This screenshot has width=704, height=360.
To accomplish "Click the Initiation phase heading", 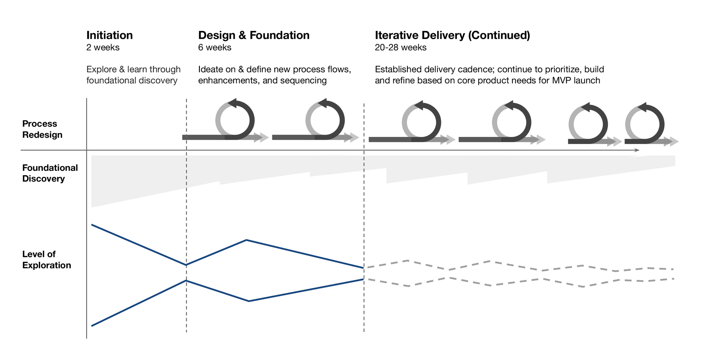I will (x=109, y=35).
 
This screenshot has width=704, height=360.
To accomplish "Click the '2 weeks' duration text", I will (x=103, y=47).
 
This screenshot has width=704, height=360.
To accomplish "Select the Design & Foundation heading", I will (x=254, y=35).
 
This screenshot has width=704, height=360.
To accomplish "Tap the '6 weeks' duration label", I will (x=214, y=47).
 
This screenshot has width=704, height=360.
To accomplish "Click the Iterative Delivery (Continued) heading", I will (x=452, y=35).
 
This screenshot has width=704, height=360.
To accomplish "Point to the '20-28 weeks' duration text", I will (x=400, y=47).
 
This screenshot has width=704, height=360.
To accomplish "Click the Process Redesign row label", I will (x=42, y=129).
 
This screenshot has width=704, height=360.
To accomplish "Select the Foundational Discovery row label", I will (x=50, y=173).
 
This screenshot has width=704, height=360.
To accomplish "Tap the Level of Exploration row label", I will (x=46, y=260).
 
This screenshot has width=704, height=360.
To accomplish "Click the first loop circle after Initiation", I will (x=235, y=120).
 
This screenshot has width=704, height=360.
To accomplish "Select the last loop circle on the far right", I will (x=645, y=124).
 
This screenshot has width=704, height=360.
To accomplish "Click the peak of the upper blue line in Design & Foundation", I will (x=246, y=240).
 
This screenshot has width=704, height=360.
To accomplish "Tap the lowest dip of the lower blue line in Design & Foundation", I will (x=249, y=301).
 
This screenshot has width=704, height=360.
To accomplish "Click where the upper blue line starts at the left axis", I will (x=92, y=225).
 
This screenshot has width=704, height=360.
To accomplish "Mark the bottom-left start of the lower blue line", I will (x=92, y=326).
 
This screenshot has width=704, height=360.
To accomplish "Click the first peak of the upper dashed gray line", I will (x=408, y=261).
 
